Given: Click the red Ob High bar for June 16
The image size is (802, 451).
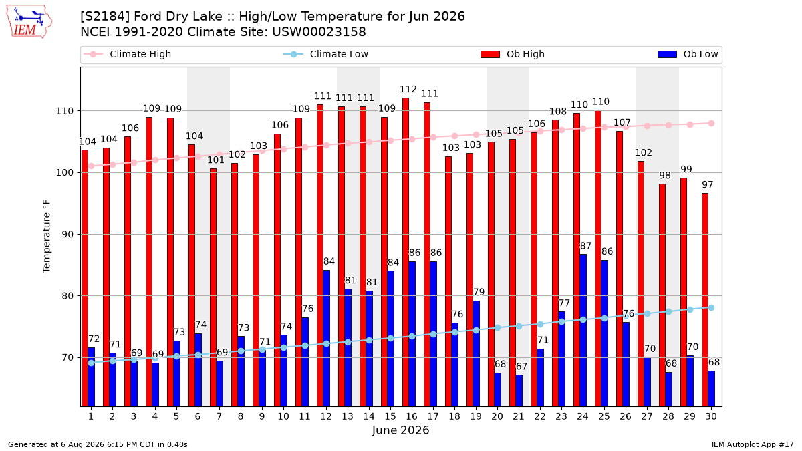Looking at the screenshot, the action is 406,252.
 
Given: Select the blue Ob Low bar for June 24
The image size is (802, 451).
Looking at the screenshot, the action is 583,330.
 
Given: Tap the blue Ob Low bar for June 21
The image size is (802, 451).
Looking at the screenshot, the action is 519,390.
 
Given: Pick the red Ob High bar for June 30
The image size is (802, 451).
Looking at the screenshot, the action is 705,300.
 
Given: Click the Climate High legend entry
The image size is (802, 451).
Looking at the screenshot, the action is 128,54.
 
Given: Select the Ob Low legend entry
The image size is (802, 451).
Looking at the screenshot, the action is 688,54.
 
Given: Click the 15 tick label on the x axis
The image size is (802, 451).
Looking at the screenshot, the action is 390,416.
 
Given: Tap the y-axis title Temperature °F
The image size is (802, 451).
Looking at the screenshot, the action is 47,237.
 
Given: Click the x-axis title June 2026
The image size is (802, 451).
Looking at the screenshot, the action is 400,430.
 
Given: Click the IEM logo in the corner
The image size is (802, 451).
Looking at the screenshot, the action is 29,22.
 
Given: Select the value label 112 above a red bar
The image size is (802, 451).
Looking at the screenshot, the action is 408,89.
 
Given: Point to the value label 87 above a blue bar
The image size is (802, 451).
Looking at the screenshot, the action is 585,246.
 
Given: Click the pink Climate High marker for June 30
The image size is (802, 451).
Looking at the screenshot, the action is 711,124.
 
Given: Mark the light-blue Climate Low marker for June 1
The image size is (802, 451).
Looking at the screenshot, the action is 92,363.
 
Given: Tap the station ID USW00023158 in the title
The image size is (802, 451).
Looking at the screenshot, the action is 319,32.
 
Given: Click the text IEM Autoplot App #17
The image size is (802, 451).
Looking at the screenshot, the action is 753,444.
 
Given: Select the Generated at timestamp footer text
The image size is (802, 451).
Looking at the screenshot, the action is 98,444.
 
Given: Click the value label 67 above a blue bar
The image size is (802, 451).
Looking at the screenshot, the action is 522,367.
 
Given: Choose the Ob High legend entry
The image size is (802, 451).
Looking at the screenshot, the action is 513,54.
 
